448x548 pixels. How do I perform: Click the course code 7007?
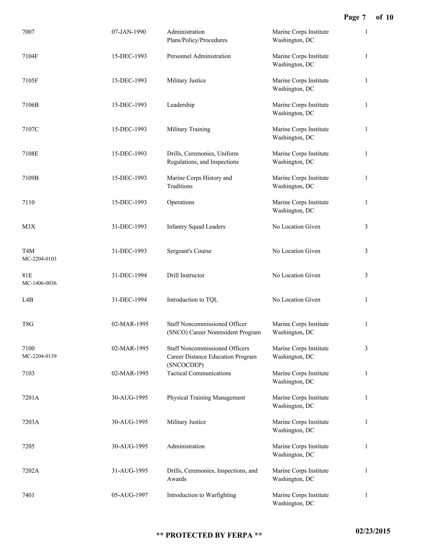tap(28, 32)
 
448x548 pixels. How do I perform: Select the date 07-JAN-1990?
tap(129, 32)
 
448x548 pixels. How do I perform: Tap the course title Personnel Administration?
tap(199, 56)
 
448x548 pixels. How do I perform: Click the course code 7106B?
tap(30, 105)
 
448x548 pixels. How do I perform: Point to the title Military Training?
tap(188, 129)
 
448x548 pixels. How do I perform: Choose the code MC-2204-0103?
tap(39, 259)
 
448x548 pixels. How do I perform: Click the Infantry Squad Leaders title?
tap(196, 227)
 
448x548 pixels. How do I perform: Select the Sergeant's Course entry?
tap(189, 251)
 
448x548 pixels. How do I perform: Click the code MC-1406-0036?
tap(39, 283)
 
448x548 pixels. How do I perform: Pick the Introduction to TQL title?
tap(192, 300)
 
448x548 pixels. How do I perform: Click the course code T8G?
tap(28, 324)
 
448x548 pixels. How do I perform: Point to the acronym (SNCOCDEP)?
tap(185, 365)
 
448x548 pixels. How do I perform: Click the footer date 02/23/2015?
tap(373, 531)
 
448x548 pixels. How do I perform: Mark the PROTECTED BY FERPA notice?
tap(209, 535)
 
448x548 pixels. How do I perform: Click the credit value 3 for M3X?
tap(366, 227)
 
